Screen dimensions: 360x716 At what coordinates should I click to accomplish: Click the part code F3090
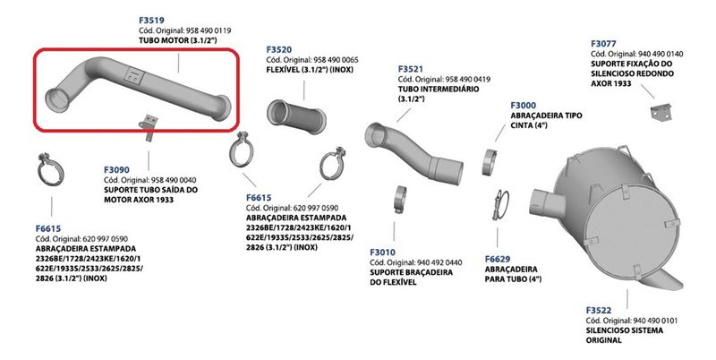point(117,168)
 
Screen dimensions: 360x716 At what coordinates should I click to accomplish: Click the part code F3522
point(601,309)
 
